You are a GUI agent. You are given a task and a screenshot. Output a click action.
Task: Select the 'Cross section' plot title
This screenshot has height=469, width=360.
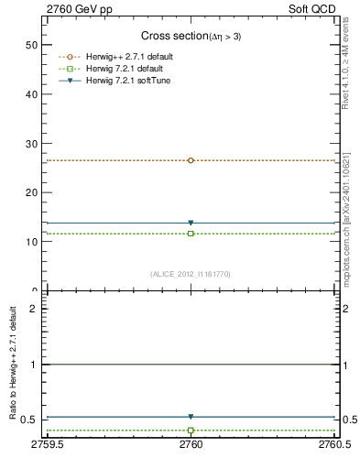191,36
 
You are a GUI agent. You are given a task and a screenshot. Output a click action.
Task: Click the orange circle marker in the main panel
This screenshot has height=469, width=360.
191,160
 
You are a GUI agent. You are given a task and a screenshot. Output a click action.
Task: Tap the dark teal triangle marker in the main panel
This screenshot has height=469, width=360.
191,223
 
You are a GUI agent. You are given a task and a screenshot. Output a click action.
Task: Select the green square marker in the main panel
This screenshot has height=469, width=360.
191,234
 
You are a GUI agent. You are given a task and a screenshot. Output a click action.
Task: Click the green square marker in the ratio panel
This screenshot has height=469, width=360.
191,430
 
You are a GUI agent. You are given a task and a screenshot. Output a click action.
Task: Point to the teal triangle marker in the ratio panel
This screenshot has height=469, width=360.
191,417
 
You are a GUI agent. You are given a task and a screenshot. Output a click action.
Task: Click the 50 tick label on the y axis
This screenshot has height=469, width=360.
31,45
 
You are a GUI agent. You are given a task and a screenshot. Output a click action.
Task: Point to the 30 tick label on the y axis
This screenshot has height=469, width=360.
31,144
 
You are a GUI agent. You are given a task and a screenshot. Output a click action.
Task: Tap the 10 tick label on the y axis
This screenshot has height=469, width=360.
31,243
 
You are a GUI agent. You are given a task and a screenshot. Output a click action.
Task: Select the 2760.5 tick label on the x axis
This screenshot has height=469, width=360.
333,445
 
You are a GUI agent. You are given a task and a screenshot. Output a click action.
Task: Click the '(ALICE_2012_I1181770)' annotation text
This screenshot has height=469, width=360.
191,273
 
